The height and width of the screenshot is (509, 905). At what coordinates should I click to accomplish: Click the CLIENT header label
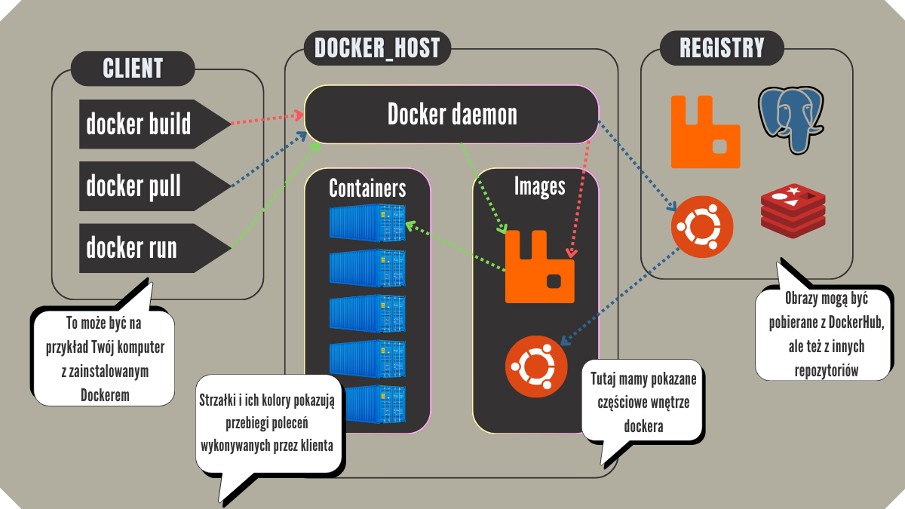[x=133, y=69]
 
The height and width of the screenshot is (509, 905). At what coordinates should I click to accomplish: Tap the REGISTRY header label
[x=722, y=48]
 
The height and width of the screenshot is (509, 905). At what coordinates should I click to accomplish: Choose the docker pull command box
[x=143, y=186]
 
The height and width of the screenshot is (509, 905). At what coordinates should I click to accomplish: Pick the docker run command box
[x=143, y=248]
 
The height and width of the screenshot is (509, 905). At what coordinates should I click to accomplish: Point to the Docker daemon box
[x=452, y=115]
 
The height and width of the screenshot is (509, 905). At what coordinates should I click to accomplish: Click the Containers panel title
[x=367, y=187]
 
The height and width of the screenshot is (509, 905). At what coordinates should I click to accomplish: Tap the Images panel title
[x=539, y=186]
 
